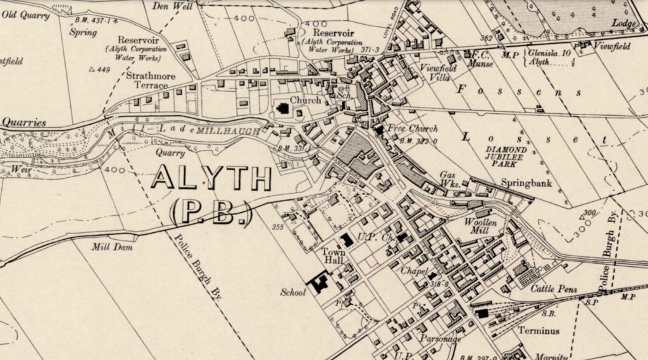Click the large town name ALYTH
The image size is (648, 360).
tap(211, 180)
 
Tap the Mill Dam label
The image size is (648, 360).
tap(112, 247)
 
